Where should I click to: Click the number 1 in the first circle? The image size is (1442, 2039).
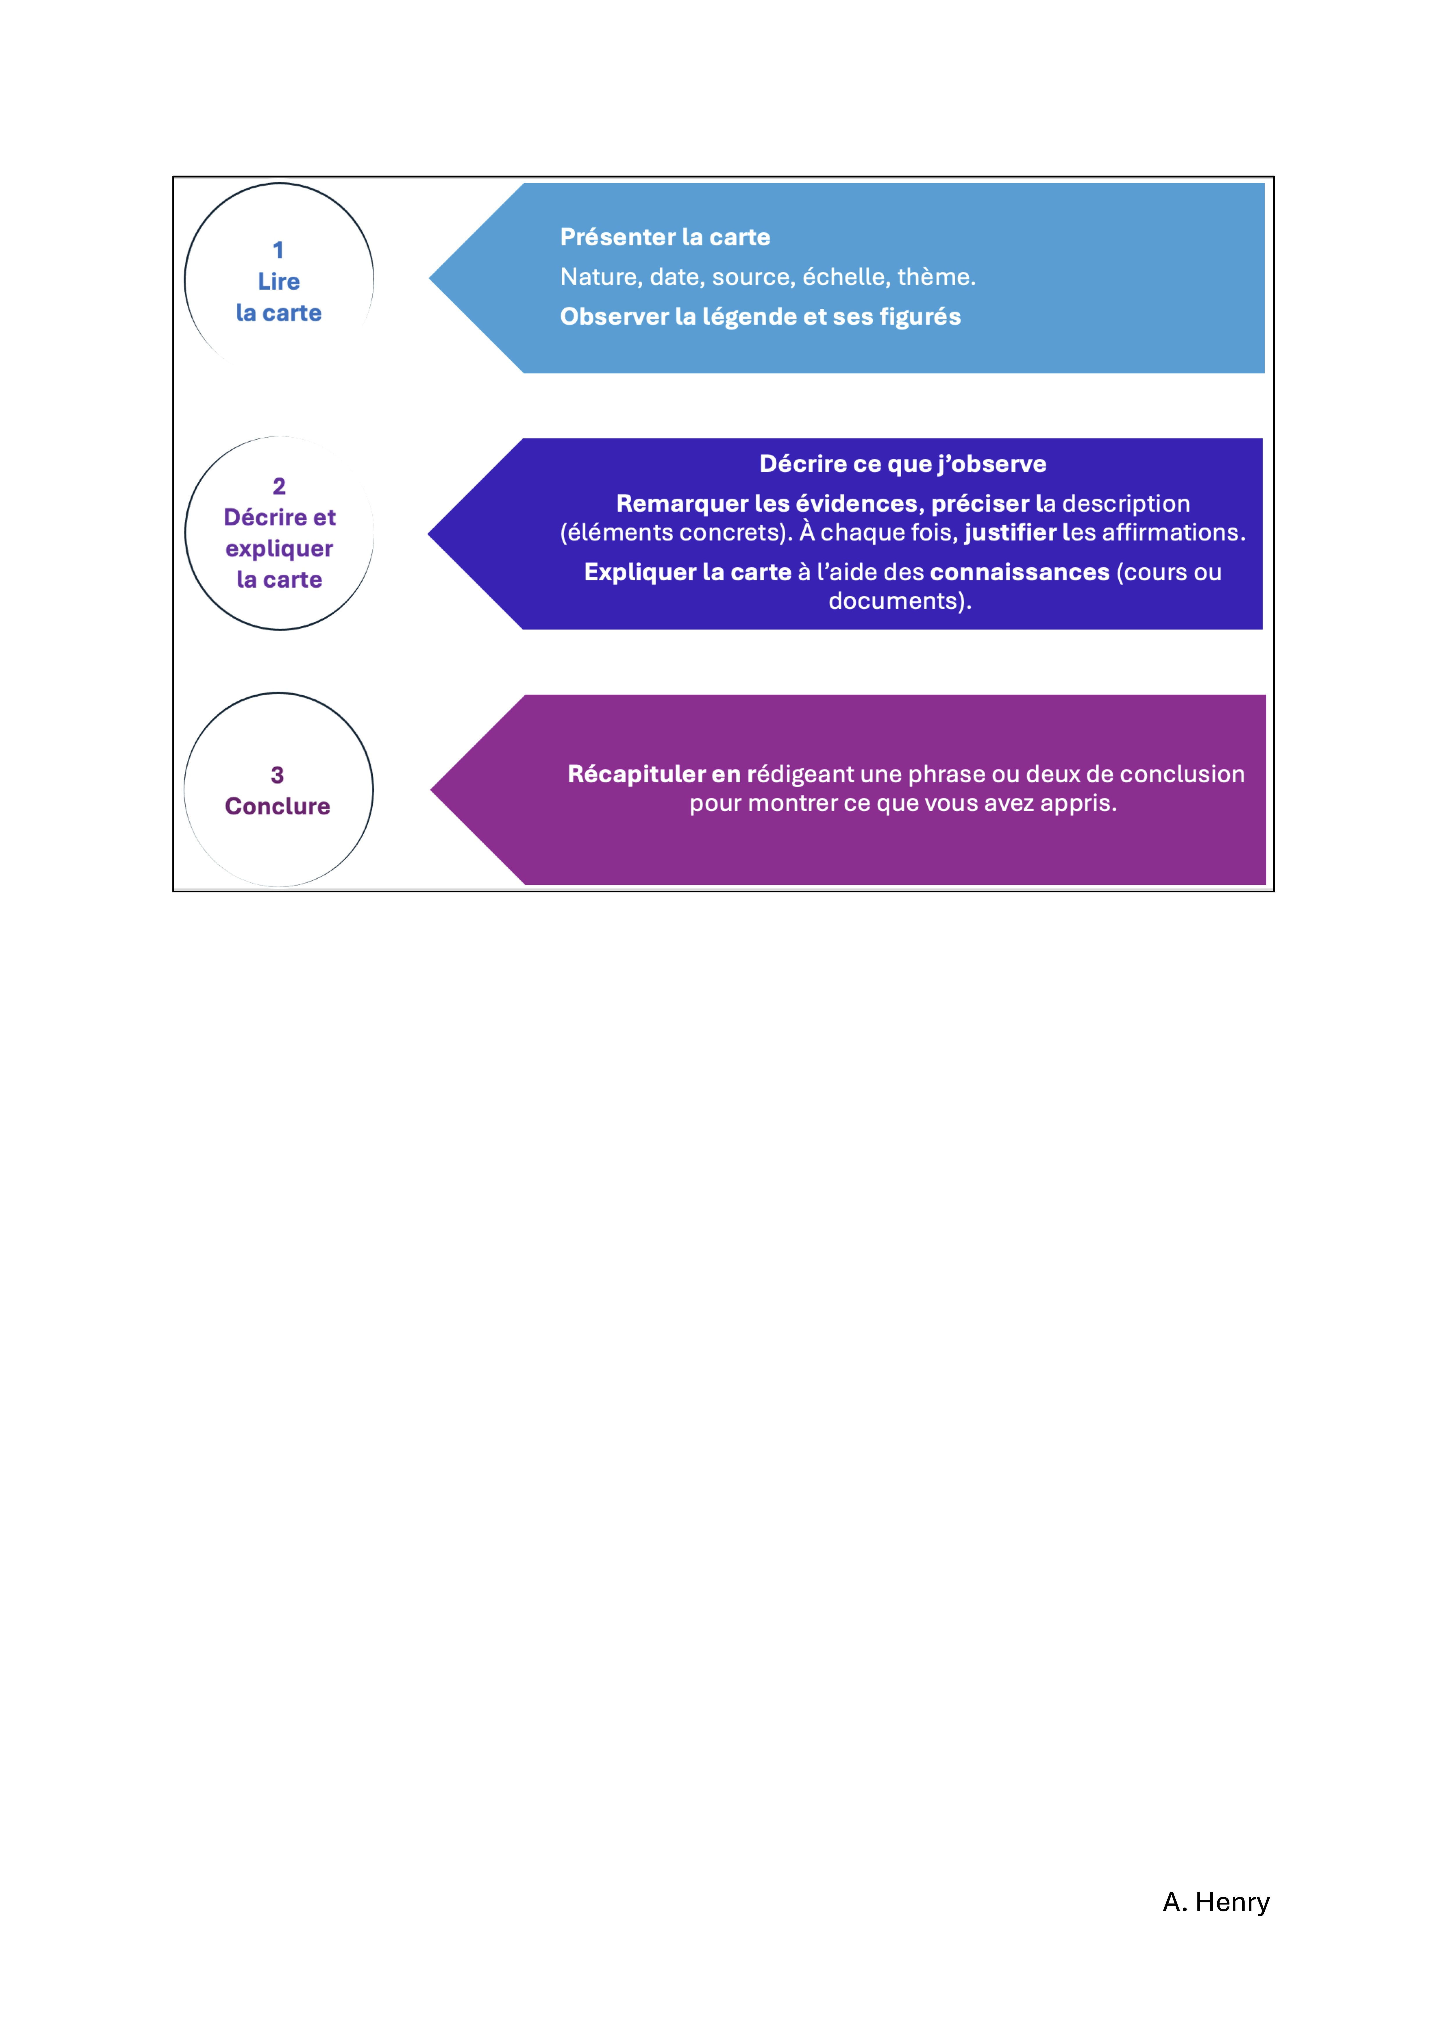(278, 251)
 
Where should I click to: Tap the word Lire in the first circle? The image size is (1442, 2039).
(279, 282)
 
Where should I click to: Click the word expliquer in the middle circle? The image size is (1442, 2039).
(279, 549)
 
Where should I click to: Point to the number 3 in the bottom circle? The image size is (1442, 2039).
(277, 775)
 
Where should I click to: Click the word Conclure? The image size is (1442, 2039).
(277, 806)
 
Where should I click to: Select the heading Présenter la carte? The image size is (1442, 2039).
(665, 237)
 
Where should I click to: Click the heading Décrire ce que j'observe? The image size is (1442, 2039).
(903, 464)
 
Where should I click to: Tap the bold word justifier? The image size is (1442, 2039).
(1010, 533)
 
